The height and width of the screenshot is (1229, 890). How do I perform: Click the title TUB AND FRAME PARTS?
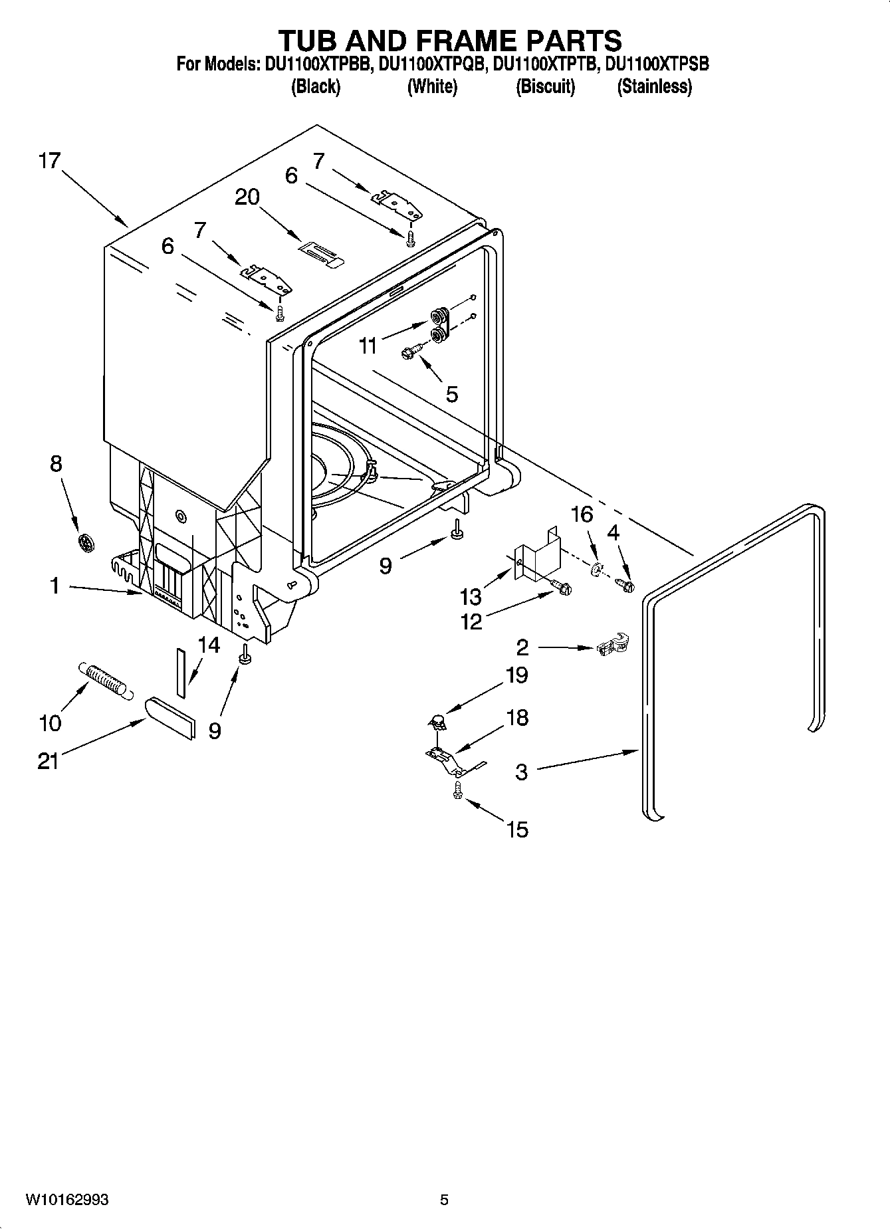pyautogui.click(x=449, y=41)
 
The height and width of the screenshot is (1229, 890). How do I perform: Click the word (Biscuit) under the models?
pyautogui.click(x=545, y=86)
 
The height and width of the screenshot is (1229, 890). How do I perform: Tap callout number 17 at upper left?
pyautogui.click(x=49, y=161)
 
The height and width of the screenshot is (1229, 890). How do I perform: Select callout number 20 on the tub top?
pyautogui.click(x=247, y=197)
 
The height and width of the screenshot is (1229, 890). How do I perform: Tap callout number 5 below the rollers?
pyautogui.click(x=451, y=394)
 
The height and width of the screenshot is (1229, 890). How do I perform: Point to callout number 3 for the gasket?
pyautogui.click(x=522, y=772)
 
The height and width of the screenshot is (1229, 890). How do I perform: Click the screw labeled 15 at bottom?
pyautogui.click(x=457, y=790)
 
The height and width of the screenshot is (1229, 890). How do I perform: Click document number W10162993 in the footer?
pyautogui.click(x=67, y=1200)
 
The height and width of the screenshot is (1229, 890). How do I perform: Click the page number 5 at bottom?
pyautogui.click(x=444, y=1200)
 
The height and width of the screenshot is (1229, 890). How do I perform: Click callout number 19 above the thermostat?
pyautogui.click(x=516, y=675)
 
